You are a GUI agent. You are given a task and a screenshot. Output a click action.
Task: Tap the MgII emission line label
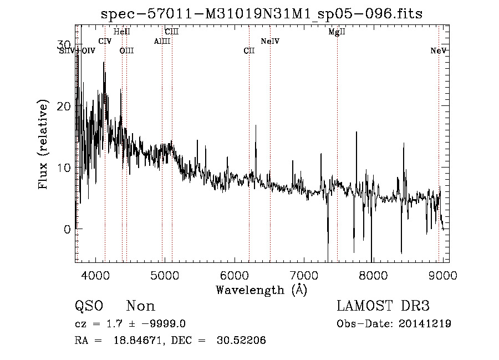click(x=337, y=32)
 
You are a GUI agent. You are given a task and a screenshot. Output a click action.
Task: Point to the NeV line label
click(x=439, y=51)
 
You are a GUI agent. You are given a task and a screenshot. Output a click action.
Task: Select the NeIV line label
click(x=270, y=42)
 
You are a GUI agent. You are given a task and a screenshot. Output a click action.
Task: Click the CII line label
click(x=249, y=51)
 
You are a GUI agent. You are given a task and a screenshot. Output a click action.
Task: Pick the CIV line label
click(x=105, y=42)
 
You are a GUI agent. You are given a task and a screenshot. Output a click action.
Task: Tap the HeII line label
click(x=121, y=32)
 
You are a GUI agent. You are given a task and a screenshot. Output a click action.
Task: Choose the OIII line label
click(x=127, y=51)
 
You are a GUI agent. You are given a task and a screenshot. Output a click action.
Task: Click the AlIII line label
click(x=162, y=42)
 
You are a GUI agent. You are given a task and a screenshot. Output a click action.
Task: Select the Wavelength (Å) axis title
click(x=261, y=290)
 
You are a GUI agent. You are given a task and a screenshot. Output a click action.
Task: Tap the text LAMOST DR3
click(x=383, y=306)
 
